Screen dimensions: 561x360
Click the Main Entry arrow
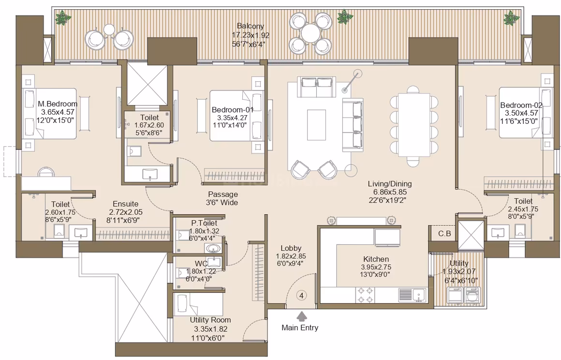point(302,316)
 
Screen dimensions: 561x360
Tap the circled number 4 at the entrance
point(302,296)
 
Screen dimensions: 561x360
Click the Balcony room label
point(251,26)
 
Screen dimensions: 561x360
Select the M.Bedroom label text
point(58,104)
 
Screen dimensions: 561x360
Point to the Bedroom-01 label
point(233,109)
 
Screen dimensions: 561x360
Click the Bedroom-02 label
point(521,105)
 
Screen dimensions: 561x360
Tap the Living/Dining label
point(390,184)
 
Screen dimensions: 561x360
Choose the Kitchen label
point(376,259)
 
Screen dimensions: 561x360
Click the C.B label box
point(444,234)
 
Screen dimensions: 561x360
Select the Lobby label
point(291,248)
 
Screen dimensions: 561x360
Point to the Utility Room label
point(210,320)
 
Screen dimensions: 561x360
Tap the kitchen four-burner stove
point(366,295)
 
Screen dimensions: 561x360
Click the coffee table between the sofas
point(316,125)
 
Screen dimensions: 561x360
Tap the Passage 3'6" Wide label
point(222,198)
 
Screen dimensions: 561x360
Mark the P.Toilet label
point(204,223)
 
